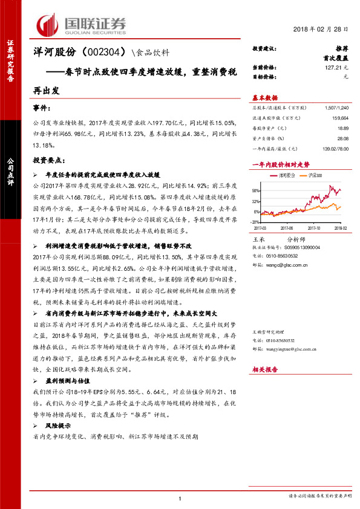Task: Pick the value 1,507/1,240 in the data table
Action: pyautogui.click(x=337, y=106)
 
